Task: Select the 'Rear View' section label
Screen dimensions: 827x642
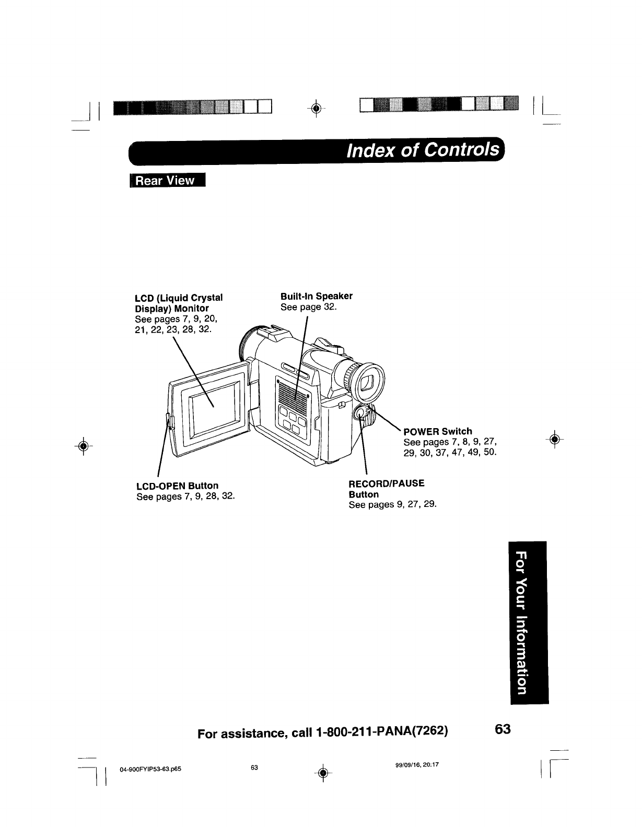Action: (x=164, y=181)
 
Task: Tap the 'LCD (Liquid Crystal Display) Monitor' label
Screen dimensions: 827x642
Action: (x=179, y=303)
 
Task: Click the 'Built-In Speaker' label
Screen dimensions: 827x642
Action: (x=316, y=296)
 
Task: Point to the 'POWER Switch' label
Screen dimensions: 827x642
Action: (x=438, y=431)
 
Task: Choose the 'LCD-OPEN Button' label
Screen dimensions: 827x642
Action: (x=177, y=486)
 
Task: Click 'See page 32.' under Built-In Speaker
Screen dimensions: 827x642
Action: (x=308, y=307)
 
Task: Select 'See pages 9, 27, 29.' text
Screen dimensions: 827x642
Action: (x=392, y=505)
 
